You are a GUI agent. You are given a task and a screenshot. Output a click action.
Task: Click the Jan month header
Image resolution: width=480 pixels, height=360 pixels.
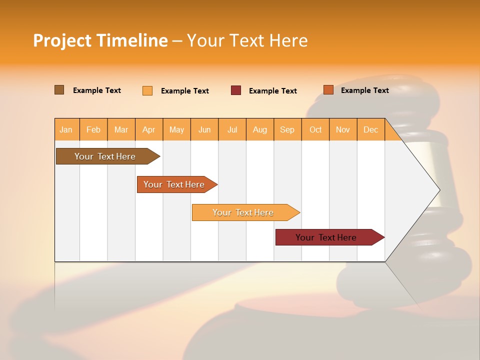pyautogui.click(x=66, y=129)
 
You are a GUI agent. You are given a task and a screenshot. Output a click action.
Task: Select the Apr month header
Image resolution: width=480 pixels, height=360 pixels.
pyautogui.click(x=149, y=129)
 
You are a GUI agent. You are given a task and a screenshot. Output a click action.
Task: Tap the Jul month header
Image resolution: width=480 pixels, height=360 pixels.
pyautogui.click(x=232, y=129)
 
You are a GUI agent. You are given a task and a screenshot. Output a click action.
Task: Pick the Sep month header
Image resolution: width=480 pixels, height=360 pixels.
pyautogui.click(x=287, y=129)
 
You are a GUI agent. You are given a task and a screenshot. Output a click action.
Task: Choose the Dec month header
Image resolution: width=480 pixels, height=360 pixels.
pyautogui.click(x=370, y=129)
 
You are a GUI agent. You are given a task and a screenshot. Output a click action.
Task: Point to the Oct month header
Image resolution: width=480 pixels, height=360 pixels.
pyautogui.click(x=315, y=129)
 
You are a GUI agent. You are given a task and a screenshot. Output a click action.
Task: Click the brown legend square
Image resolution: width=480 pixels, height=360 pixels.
pyautogui.click(x=59, y=90)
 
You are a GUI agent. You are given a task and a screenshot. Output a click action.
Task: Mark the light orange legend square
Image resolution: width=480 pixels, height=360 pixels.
pyautogui.click(x=147, y=90)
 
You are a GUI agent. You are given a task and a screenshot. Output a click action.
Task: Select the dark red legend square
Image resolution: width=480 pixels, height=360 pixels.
pyautogui.click(x=236, y=90)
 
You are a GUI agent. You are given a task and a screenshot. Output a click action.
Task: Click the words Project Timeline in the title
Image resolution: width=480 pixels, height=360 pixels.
pyautogui.click(x=100, y=40)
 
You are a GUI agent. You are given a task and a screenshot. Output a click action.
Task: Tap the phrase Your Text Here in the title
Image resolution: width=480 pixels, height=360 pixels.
pyautogui.click(x=247, y=40)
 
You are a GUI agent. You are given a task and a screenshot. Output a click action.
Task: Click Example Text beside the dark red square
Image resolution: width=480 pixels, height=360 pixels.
pyautogui.click(x=273, y=91)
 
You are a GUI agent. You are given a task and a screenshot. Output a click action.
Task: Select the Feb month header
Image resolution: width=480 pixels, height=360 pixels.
pyautogui.click(x=93, y=129)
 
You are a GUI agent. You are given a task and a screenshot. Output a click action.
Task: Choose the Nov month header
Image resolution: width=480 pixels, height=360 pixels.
pyautogui.click(x=343, y=129)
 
